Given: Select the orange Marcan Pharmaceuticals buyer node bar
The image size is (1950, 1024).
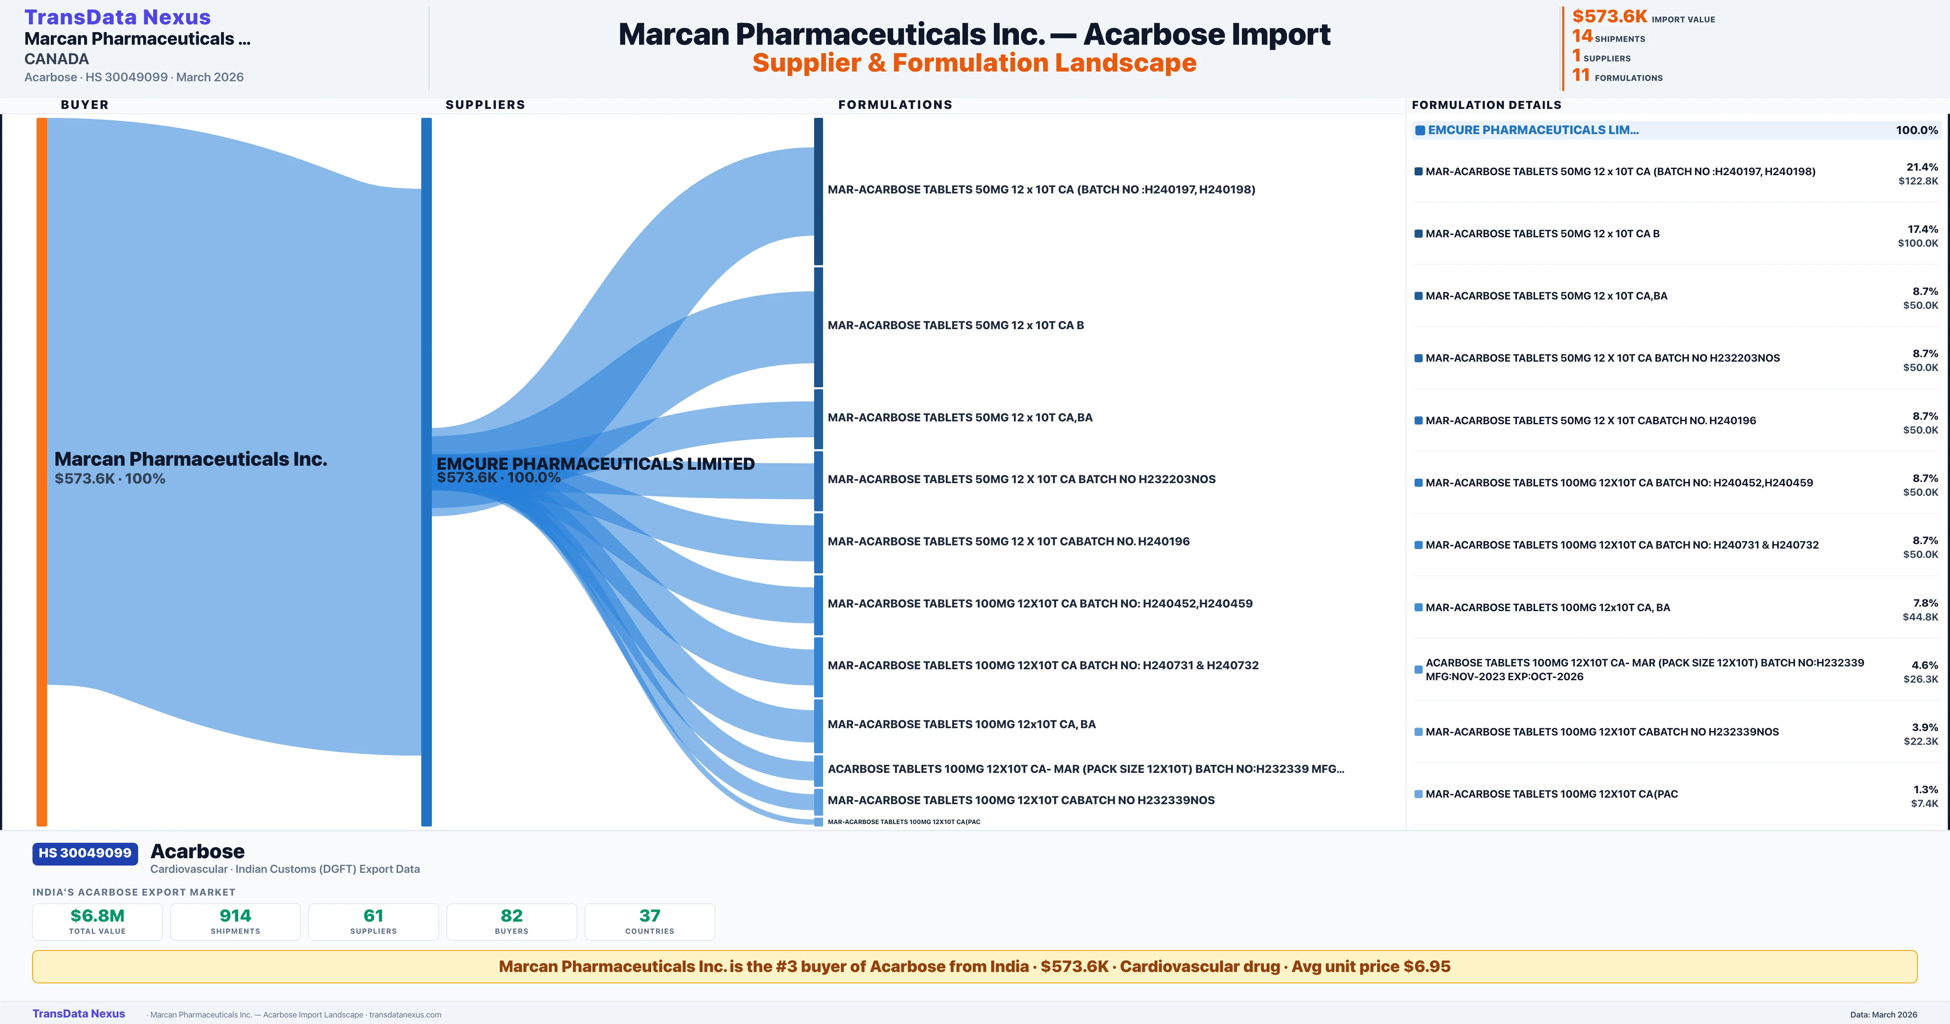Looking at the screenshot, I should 41,470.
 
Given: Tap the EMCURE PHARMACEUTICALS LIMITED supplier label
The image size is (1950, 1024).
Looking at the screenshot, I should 595,464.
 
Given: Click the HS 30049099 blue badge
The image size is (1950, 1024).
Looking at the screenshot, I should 85,853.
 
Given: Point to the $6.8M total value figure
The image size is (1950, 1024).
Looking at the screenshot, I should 97,916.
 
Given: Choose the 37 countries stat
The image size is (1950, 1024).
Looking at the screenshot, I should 650,916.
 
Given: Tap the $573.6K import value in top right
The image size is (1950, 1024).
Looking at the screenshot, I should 1609,17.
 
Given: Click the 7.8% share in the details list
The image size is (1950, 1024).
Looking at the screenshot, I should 1925,603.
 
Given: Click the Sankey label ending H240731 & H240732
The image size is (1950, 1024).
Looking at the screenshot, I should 1042,666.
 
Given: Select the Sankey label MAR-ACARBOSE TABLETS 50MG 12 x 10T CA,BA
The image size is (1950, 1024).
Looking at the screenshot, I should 960,417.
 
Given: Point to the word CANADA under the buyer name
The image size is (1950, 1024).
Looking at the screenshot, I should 57,59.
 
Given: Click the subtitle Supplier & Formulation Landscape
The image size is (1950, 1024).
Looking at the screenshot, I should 974,63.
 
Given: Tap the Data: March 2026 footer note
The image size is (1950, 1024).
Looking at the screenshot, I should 1883,1014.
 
